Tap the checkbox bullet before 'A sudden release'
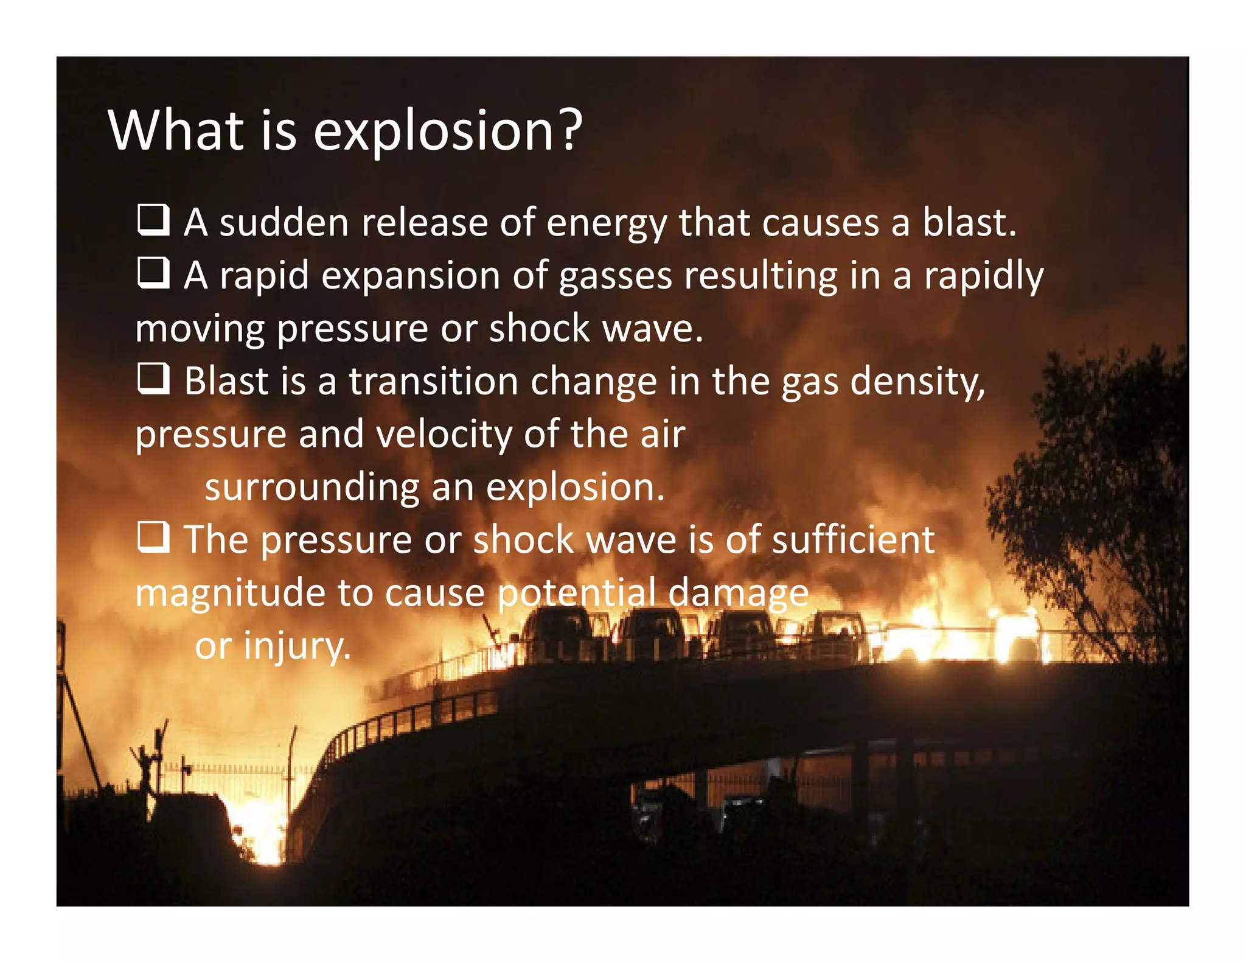pyautogui.click(x=153, y=220)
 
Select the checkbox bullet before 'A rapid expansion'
pyautogui.click(x=153, y=273)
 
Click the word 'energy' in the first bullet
pyautogui.click(x=607, y=224)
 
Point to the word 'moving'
pyautogui.click(x=200, y=330)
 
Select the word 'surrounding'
pyautogui.click(x=311, y=488)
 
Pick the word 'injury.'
pyautogui.click(x=297, y=646)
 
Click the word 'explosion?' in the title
pyautogui.click(x=448, y=131)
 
